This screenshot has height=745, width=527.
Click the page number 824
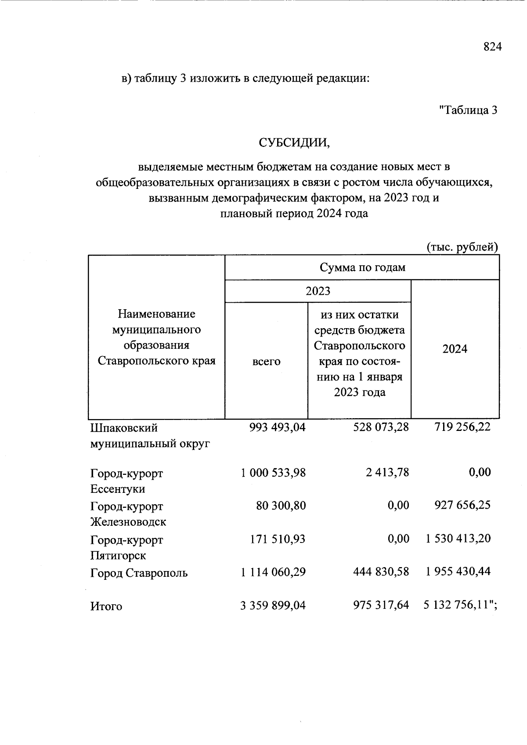pos(492,47)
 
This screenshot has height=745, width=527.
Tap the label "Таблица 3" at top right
pos(468,110)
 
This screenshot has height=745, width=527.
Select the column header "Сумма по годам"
pos(362,268)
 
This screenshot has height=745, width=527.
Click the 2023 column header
pos(318,291)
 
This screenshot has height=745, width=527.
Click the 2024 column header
pos(455,349)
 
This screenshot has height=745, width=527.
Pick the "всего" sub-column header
pos(266,362)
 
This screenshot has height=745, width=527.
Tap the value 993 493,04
pos(277,427)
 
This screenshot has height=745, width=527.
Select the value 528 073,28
pos(381,427)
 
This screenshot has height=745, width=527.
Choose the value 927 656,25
pos(462,505)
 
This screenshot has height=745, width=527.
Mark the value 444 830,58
pos(381,572)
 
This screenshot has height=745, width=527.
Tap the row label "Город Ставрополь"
pos(139,573)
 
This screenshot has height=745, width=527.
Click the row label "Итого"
pos(106,607)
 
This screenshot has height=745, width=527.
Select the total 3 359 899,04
pos(273,606)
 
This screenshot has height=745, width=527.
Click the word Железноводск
pos(128,522)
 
